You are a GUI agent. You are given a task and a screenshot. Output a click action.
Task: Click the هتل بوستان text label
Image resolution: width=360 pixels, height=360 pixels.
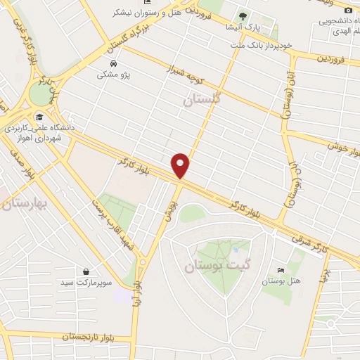(281, 281)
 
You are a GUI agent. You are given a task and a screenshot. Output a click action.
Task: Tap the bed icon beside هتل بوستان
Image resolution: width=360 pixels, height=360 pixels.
(281, 271)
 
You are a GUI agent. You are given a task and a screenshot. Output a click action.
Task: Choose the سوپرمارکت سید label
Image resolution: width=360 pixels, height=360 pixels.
(85, 282)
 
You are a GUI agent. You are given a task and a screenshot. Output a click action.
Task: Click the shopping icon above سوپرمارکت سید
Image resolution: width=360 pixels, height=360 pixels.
(86, 271)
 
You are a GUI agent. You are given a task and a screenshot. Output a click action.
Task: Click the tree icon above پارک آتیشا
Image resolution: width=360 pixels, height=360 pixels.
(242, 15)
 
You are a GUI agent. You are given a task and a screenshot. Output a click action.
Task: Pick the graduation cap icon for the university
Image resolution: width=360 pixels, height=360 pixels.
(39, 117)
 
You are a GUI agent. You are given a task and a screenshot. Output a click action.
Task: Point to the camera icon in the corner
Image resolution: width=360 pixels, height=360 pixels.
(348, 10)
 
